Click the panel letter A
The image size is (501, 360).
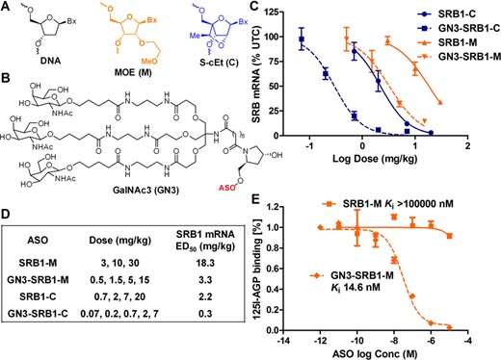coord(8,9)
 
